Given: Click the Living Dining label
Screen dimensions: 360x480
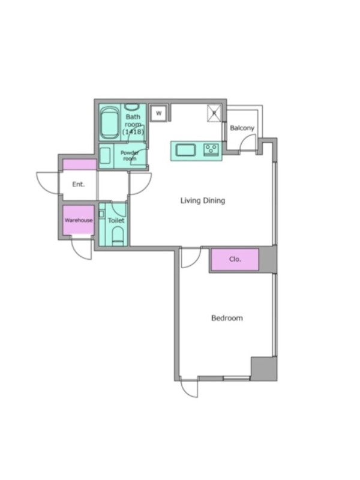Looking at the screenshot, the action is coord(203,200).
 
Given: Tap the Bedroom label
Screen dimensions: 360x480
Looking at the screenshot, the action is coord(227,318).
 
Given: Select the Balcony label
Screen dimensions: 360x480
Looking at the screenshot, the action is coord(242,128).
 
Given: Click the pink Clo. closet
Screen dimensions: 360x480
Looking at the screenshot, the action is coord(235,260).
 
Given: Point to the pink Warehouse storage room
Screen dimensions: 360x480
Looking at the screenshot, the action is coord(79,220).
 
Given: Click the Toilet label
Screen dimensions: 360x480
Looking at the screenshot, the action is coord(116,220).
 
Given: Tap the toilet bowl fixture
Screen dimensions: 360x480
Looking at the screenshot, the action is coord(117,236).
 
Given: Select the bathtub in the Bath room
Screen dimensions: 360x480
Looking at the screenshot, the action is coord(110,122).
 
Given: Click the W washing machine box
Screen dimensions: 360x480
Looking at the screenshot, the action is coord(158,113).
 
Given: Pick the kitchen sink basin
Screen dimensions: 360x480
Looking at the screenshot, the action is coord(185,151).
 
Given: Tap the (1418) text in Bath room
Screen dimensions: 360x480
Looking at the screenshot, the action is coord(133,132).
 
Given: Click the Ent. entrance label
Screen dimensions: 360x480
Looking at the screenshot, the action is coord(79,184).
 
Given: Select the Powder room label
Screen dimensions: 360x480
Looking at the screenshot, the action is coord(130,155).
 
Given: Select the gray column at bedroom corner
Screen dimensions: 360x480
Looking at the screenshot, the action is coord(264,368).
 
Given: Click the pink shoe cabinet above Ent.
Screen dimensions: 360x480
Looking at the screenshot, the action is coord(80,164).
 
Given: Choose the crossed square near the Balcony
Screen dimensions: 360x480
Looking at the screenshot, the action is coord(214,113).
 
